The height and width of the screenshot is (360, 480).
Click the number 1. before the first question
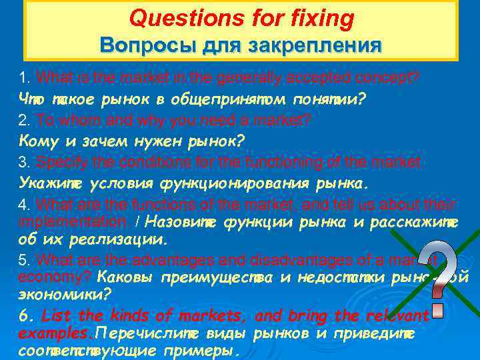[25, 77]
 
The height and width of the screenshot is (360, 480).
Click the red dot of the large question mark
[437, 311]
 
